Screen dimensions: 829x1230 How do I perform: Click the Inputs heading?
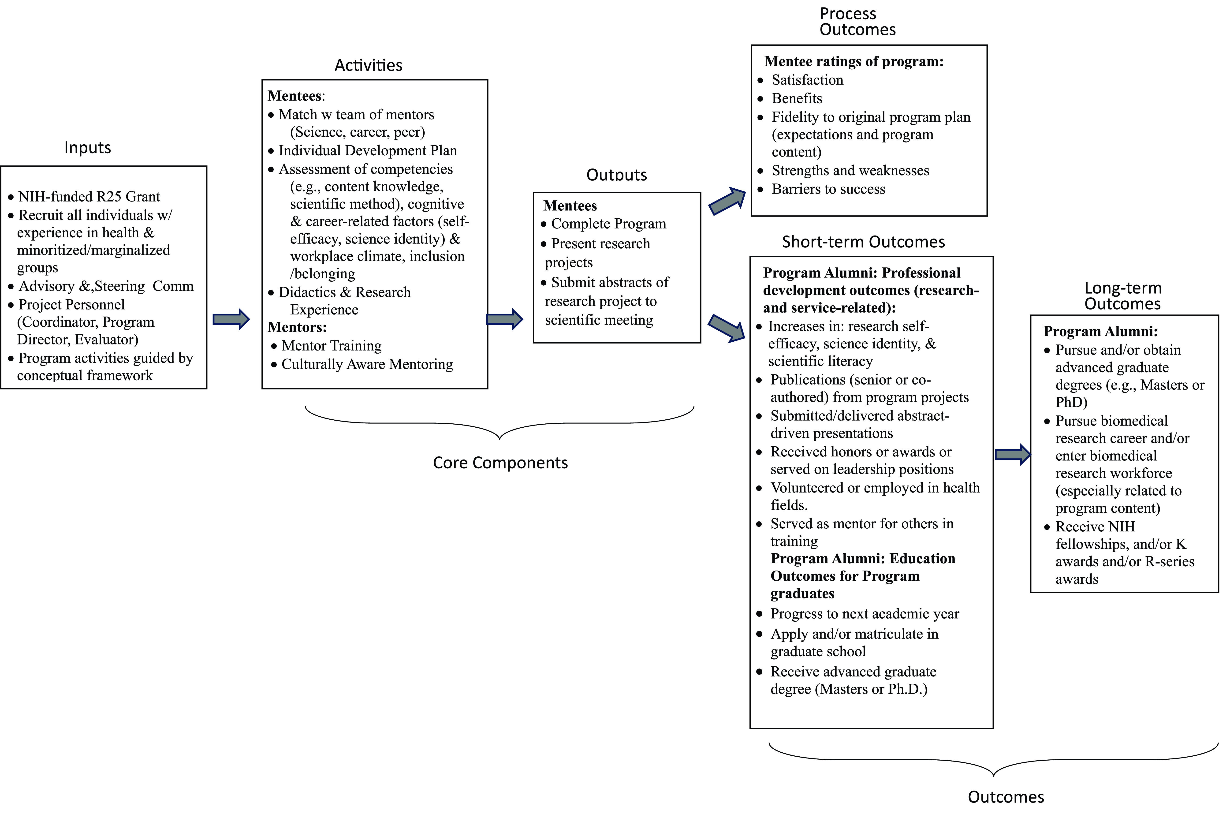[x=88, y=148]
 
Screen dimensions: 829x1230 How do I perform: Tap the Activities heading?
[x=369, y=65]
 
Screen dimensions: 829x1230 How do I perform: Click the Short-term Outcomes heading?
[x=863, y=242]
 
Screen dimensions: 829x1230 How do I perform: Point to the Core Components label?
[x=500, y=463]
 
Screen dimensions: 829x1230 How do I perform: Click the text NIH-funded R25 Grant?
[x=89, y=197]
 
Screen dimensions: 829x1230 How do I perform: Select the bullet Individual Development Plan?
[x=367, y=151]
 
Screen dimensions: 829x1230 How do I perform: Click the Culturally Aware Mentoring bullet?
[x=367, y=364]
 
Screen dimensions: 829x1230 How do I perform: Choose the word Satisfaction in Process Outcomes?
[x=807, y=80]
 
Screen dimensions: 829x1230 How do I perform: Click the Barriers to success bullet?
[x=828, y=189]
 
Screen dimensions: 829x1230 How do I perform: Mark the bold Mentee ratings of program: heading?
[x=854, y=61]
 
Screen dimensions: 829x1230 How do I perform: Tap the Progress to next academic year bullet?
[x=864, y=614]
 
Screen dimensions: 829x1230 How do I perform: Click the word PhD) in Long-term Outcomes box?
[x=1071, y=402]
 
